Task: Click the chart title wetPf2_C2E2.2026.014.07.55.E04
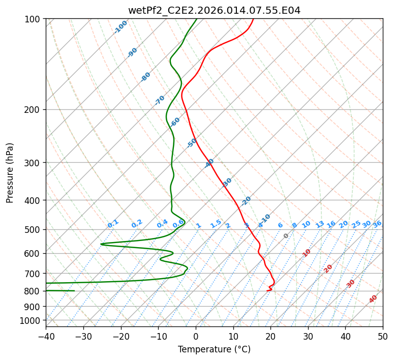214,10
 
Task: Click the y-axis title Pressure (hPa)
10,173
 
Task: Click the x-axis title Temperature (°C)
214,349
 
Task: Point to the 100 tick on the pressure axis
34,19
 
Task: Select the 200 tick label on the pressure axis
34,109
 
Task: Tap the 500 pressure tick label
34,229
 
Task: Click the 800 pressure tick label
34,291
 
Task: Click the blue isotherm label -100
120,26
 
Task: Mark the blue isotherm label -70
160,100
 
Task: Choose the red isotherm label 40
373,299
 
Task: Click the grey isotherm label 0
286,236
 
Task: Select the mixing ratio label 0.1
113,224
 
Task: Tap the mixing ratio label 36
377,224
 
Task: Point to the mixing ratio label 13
320,224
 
